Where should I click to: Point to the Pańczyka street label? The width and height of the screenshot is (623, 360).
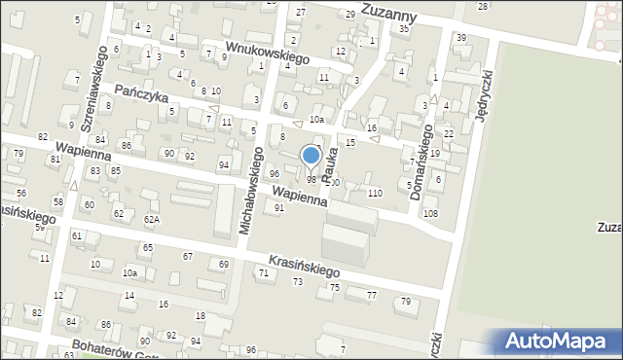(x=142, y=92)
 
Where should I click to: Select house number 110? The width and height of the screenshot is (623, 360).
(x=375, y=194)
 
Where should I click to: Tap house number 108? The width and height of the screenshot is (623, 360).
(x=430, y=213)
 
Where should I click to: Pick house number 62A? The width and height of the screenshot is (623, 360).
(x=151, y=220)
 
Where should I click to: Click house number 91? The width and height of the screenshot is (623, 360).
(x=279, y=207)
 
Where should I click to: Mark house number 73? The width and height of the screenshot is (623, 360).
(x=297, y=281)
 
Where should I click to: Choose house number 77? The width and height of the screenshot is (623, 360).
(x=371, y=295)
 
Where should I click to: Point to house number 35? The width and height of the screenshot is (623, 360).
(x=404, y=29)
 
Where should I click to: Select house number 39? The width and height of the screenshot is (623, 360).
(x=460, y=38)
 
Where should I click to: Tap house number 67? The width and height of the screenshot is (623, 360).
(x=188, y=256)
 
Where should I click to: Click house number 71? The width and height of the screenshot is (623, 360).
(x=264, y=273)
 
